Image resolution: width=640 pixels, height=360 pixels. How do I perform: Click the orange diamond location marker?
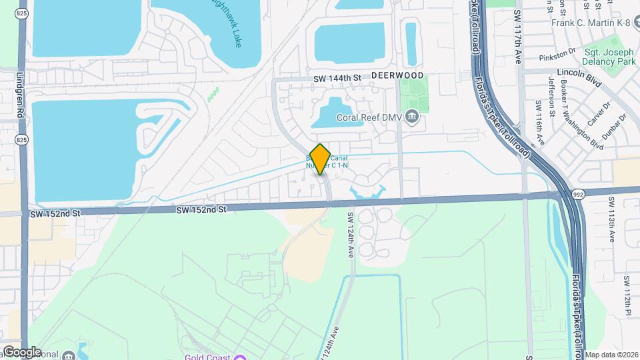320,159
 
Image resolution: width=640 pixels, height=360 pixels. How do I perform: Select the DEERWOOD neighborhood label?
397,76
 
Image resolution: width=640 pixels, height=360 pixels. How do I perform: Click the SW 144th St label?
337,78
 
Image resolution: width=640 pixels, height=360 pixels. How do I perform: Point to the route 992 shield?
579,193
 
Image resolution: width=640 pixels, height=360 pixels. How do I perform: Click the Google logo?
22,351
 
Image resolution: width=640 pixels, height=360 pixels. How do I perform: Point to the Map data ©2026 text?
611,355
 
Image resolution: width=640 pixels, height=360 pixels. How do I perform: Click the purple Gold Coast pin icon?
240,357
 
